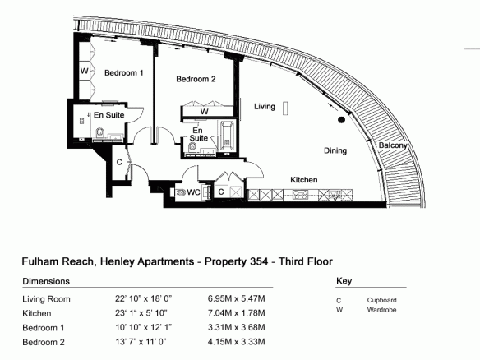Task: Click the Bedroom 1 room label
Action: click(x=123, y=73)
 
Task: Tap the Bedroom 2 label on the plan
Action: click(x=196, y=79)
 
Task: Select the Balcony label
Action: click(x=393, y=145)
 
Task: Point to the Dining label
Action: click(x=335, y=150)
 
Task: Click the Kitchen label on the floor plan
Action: click(x=304, y=180)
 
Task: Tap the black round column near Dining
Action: click(x=341, y=120)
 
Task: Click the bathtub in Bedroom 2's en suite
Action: click(x=227, y=136)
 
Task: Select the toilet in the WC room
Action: click(x=181, y=192)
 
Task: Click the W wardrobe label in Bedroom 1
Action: click(x=84, y=71)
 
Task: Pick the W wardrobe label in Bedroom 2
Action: click(x=205, y=112)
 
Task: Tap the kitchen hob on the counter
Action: click(x=300, y=195)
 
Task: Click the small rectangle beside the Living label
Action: click(x=285, y=108)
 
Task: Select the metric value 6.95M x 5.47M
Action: click(x=237, y=298)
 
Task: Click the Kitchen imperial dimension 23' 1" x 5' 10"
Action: click(x=141, y=313)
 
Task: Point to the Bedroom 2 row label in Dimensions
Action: click(x=44, y=342)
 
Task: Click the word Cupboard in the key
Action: click(x=381, y=300)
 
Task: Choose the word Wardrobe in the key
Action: click(x=381, y=310)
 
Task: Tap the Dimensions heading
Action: click(x=46, y=281)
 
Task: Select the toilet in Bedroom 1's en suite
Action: click(x=100, y=133)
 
